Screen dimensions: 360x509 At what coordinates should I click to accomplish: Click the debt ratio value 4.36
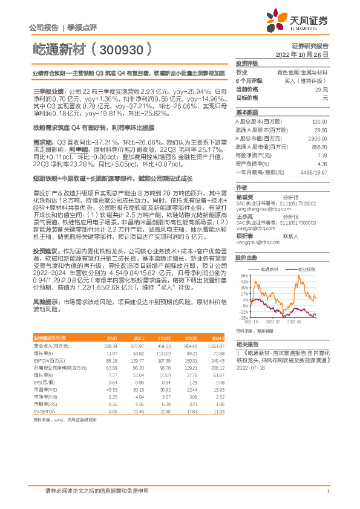[x=322, y=163]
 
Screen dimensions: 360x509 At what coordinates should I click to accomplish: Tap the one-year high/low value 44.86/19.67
[x=315, y=172]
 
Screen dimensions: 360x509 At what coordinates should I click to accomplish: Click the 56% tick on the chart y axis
[x=244, y=274]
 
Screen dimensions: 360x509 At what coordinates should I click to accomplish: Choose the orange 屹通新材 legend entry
[x=267, y=267]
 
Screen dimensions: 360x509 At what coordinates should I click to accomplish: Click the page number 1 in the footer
[x=327, y=492]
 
